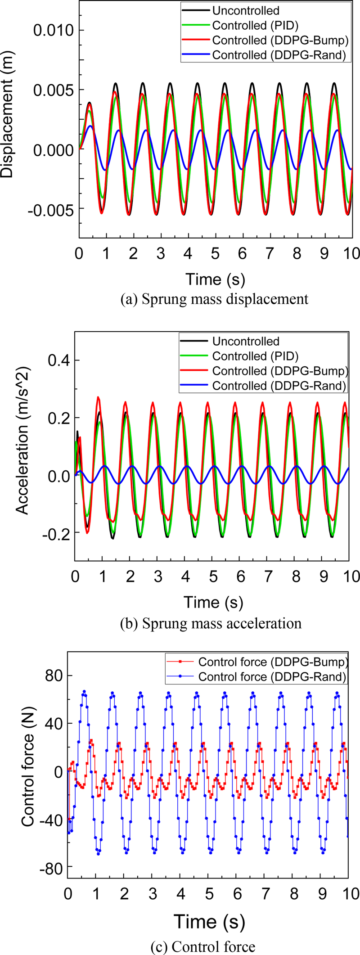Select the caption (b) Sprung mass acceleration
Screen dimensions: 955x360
[211, 623]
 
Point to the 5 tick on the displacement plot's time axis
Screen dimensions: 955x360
[215, 253]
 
